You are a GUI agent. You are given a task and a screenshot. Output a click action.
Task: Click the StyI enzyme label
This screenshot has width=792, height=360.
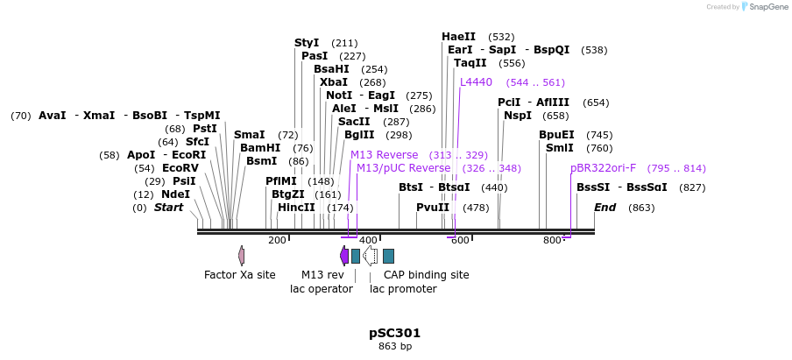[307, 43]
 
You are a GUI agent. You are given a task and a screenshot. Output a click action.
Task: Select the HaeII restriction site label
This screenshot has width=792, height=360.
[458, 37]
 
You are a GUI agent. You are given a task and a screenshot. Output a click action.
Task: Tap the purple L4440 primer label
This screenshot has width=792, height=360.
[476, 82]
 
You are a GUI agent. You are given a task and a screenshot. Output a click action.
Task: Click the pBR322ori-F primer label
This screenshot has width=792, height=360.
[603, 168]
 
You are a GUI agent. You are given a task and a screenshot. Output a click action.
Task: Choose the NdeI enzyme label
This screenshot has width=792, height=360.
[175, 194]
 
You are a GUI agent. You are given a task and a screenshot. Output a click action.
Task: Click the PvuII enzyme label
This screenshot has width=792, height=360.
[433, 208]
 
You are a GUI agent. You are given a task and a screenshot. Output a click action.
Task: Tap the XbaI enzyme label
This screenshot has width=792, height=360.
[334, 82]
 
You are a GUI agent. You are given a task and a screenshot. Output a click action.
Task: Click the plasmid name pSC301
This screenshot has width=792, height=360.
[394, 333]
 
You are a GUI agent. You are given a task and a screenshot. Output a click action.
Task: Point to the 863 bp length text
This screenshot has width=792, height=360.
[394, 347]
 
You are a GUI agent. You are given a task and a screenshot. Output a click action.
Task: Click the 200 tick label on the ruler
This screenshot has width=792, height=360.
[277, 240]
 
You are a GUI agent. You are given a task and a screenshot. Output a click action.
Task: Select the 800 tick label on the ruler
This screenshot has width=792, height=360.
[552, 240]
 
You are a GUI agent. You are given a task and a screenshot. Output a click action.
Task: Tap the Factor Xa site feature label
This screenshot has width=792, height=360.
[239, 275]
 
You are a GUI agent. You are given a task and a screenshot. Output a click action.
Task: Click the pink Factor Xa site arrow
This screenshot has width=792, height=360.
[241, 256]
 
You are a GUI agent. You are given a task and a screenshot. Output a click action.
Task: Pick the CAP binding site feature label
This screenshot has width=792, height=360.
[426, 275]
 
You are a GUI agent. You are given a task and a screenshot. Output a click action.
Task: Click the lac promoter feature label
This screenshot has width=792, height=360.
[403, 289]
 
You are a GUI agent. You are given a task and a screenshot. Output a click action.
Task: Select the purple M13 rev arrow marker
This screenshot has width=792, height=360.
[344, 256]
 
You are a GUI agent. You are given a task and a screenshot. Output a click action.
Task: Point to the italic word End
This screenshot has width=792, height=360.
[605, 208]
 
